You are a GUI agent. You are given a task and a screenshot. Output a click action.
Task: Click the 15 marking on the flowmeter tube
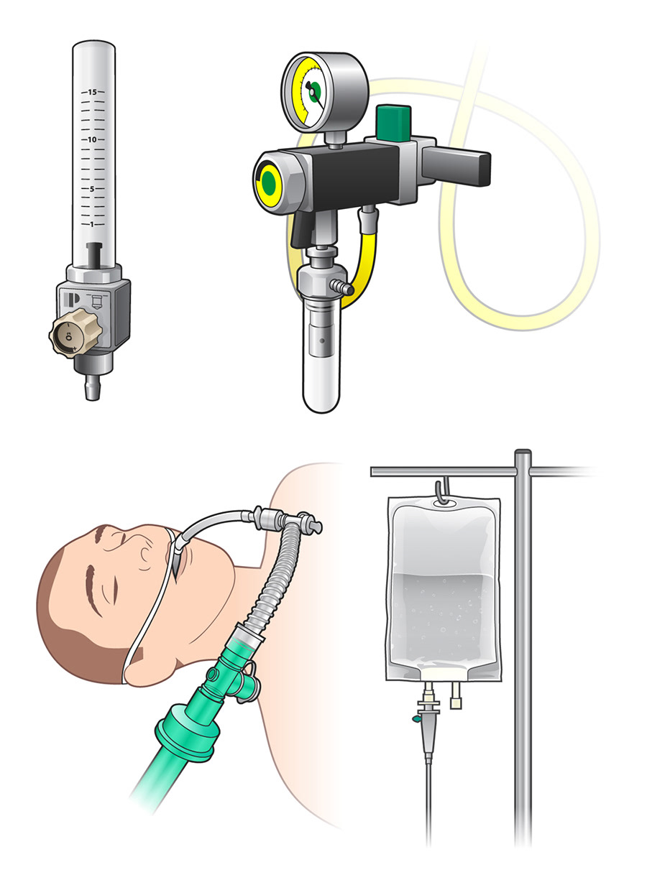(92, 92)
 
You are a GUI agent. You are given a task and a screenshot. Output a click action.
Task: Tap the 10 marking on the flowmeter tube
(92, 139)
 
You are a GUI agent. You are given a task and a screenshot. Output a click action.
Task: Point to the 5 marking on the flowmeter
(92, 189)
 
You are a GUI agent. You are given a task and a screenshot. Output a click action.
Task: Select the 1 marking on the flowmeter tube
(92, 224)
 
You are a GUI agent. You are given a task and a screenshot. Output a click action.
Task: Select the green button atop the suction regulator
(393, 123)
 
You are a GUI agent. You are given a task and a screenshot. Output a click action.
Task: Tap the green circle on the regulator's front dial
(269, 183)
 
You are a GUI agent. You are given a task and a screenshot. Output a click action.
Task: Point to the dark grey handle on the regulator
(456, 167)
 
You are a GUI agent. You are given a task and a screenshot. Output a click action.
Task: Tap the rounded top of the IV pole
(523, 453)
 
